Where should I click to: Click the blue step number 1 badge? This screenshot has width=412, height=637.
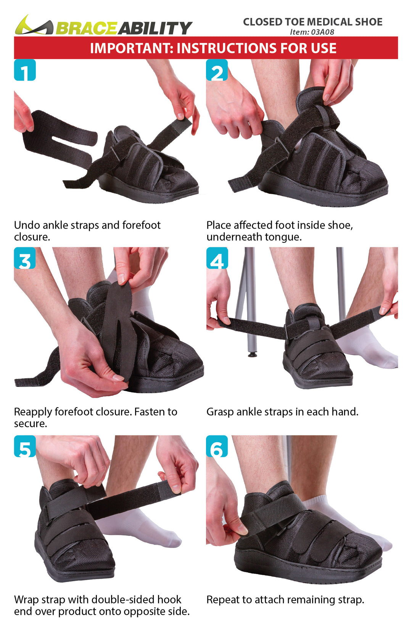(25, 70)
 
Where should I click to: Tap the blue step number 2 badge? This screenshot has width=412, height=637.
(217, 70)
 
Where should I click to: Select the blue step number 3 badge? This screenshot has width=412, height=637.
(25, 258)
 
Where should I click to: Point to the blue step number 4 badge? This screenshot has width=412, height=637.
(217, 258)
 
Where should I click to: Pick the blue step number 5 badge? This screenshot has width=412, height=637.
(25, 446)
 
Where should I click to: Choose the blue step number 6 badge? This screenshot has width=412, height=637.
(217, 446)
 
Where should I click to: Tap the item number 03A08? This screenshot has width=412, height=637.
(322, 32)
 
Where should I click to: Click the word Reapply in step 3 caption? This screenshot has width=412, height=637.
(33, 412)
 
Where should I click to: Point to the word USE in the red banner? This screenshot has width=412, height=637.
(324, 48)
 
